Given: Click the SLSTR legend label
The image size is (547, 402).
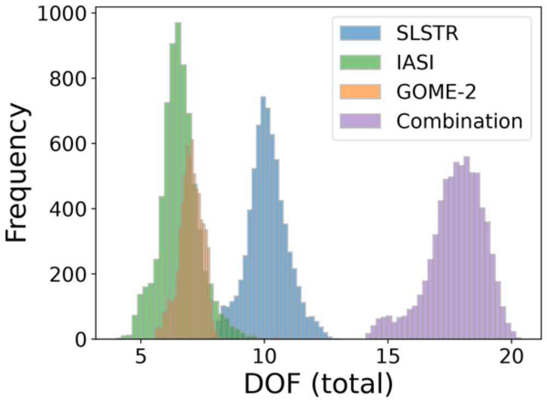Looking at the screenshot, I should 427,33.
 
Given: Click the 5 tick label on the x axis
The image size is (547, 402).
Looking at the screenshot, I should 141,359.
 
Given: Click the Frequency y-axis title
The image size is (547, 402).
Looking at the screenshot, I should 18,174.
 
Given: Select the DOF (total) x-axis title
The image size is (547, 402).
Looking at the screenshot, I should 318,385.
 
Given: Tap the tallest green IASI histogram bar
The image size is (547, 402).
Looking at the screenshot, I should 178,180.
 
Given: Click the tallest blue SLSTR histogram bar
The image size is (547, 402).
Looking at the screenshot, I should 263,219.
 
